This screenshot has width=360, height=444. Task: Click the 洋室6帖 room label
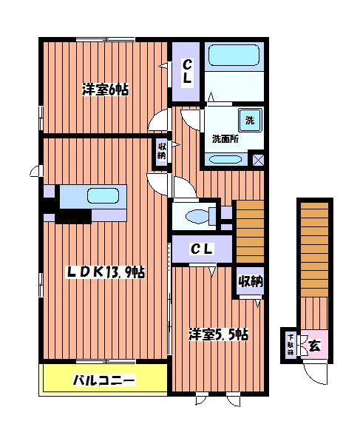click(x=105, y=90)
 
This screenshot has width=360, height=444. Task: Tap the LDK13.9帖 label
click(x=97, y=272)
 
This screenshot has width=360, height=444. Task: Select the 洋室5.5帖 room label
click(x=217, y=334)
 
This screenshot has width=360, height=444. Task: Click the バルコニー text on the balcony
click(x=103, y=381)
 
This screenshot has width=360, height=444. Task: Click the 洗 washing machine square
click(x=249, y=120)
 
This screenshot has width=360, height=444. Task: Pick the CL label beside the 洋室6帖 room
click(x=188, y=71)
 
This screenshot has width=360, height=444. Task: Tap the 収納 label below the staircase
click(x=250, y=281)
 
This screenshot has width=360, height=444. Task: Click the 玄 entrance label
click(x=314, y=344)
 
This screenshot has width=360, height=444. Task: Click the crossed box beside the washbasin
click(x=258, y=158)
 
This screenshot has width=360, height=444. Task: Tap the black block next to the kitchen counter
click(x=72, y=216)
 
